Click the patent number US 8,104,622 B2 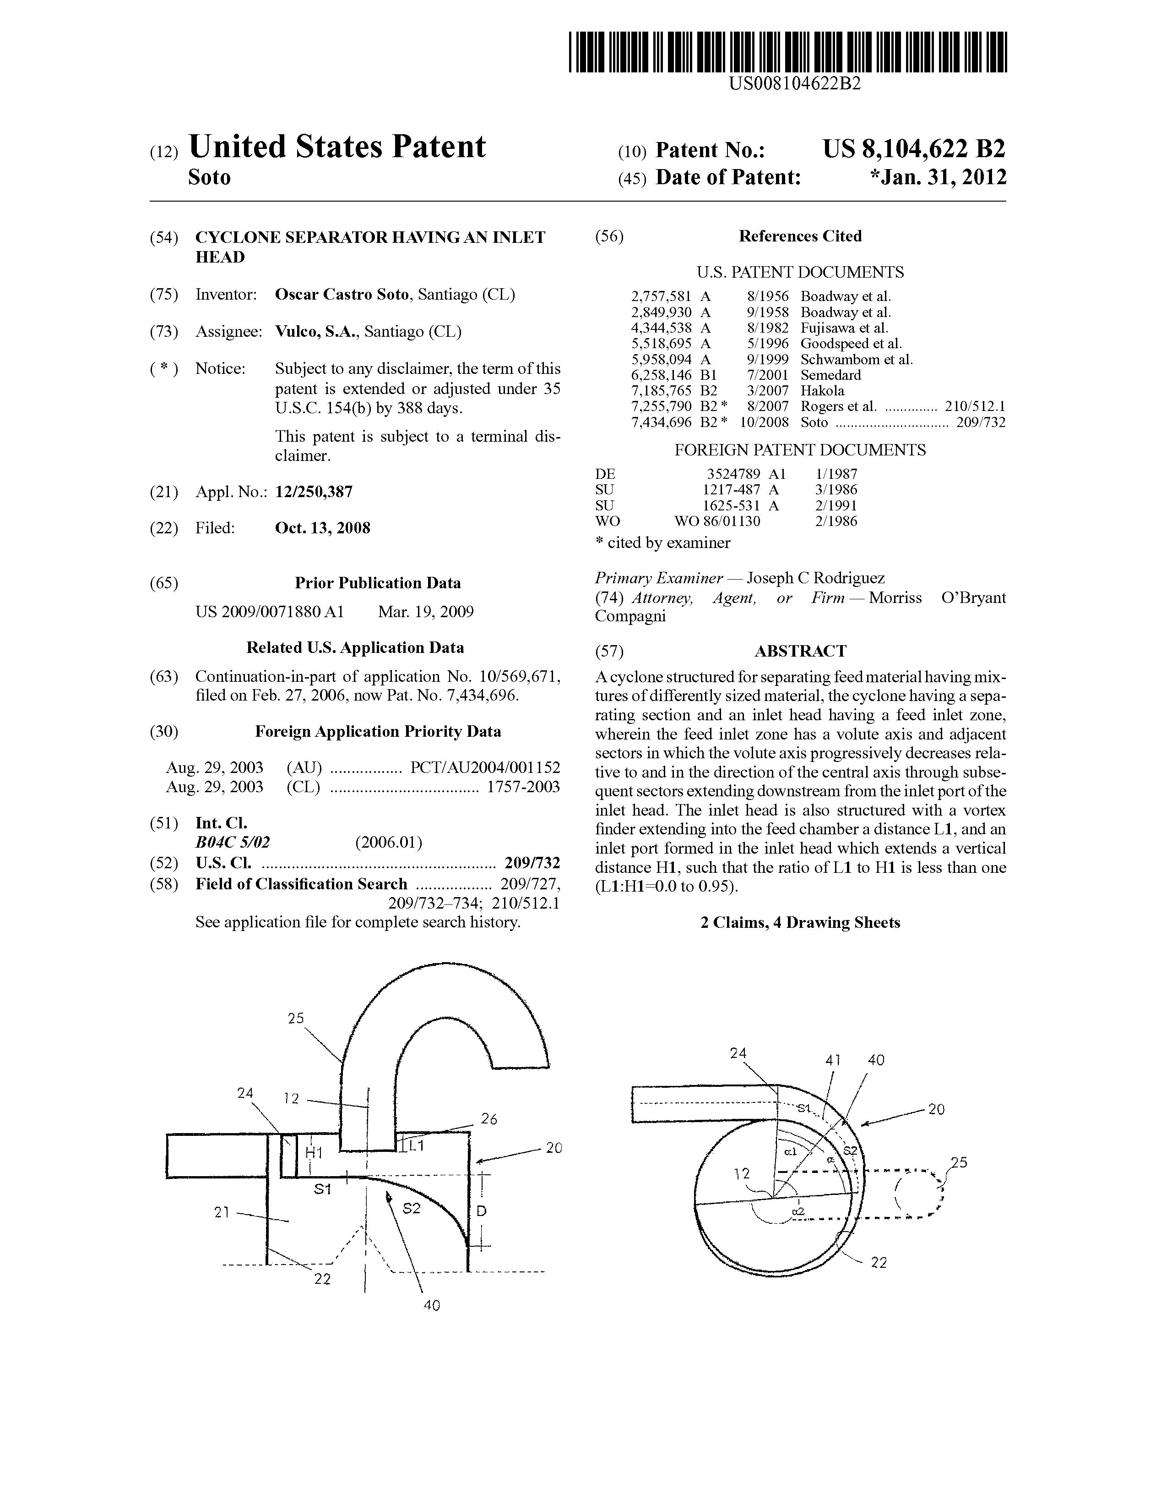[x=914, y=149]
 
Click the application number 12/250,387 [x=314, y=492]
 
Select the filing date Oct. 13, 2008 [x=322, y=528]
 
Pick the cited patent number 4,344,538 [x=662, y=328]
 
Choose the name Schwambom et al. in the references [x=857, y=359]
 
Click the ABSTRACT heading [x=800, y=652]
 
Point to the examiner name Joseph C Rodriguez [x=815, y=578]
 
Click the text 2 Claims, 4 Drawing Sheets [x=800, y=923]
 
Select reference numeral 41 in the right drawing [x=833, y=1060]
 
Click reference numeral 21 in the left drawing [x=222, y=1212]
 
